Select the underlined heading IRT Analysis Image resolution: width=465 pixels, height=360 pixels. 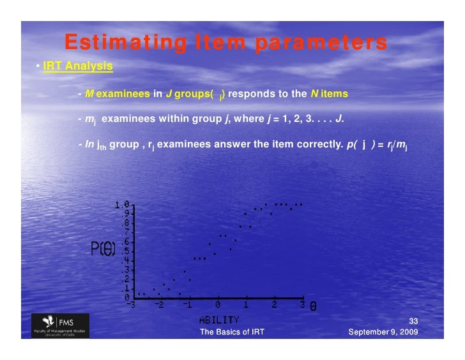(78, 66)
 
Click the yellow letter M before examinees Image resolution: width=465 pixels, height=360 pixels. (89, 94)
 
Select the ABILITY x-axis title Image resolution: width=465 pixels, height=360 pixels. (219, 319)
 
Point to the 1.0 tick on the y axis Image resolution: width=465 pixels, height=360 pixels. (123, 205)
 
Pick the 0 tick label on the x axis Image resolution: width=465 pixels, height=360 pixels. (218, 305)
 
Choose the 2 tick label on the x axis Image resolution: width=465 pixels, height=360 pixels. (275, 305)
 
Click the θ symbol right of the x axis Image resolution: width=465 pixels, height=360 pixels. (313, 306)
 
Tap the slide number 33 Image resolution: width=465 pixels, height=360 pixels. (412, 322)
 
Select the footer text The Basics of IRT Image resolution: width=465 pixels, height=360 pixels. (232, 333)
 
